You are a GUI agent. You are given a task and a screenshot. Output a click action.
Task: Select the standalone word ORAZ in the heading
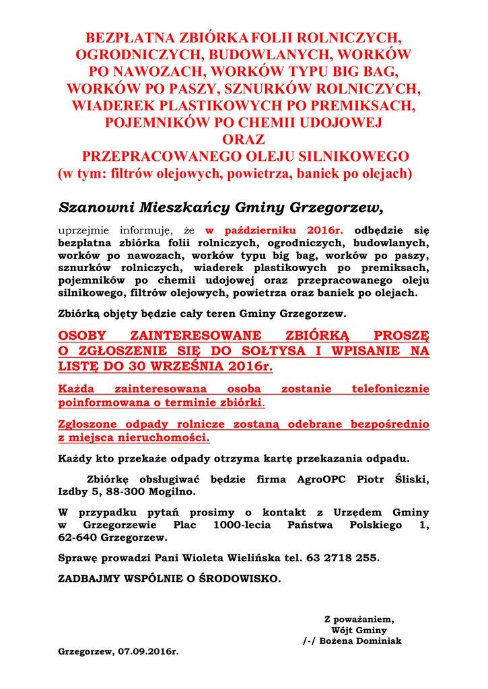[244, 140]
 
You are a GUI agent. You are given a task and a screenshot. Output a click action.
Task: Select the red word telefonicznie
[390, 389]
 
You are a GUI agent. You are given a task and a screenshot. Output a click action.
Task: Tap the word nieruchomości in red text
[166, 438]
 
